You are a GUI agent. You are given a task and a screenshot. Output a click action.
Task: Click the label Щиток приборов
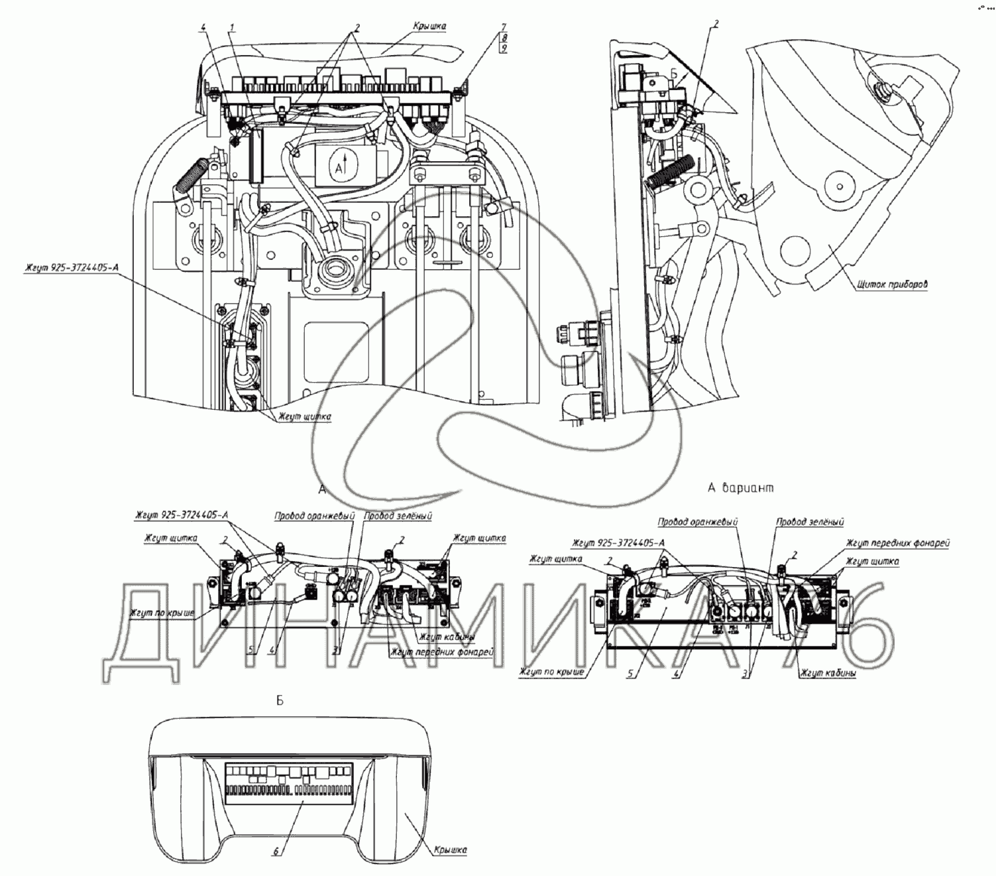pos(892,286)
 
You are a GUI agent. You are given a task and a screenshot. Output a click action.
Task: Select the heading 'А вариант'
pos(740,488)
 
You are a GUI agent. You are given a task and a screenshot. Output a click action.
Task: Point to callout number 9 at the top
pos(504,48)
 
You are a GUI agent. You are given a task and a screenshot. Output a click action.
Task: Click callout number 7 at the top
pos(504,27)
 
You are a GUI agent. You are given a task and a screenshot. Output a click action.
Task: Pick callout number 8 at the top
pos(504,38)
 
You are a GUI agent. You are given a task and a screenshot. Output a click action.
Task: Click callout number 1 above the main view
pos(233,27)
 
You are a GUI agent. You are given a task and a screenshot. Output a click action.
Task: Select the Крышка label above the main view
pos(429,27)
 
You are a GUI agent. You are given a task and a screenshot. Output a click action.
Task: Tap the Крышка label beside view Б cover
pos(451,849)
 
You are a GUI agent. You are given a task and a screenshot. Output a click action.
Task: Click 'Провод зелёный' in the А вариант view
pos(810,522)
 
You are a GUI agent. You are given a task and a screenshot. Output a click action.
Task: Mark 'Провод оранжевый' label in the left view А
pos(315,515)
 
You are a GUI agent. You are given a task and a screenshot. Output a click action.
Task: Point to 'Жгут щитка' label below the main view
pos(305,416)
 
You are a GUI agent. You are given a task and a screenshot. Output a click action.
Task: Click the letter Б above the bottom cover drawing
pos(280,701)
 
